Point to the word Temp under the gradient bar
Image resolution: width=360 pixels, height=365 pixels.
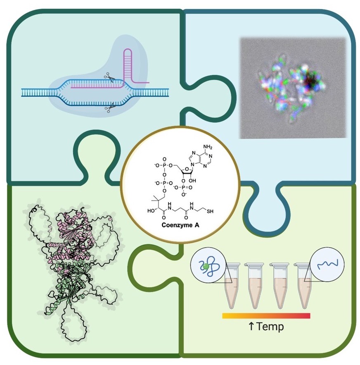click(270, 327)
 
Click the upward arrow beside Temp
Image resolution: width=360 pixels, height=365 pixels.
click(250, 327)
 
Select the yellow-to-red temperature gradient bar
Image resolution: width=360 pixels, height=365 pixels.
click(266, 316)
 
